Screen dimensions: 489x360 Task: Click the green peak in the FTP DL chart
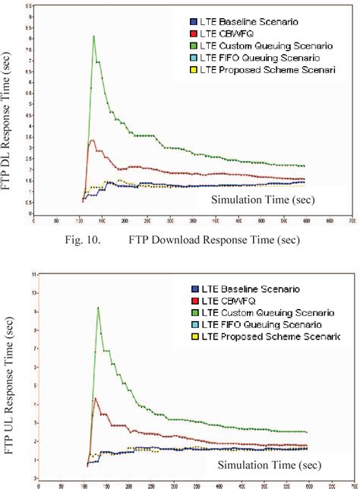[x=93, y=36]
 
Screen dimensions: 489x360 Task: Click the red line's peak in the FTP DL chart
[x=92, y=140]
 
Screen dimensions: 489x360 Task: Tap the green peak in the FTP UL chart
[x=98, y=308]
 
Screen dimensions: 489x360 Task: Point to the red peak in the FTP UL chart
[x=94, y=398]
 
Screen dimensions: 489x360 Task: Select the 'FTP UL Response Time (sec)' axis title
[x=10, y=380]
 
